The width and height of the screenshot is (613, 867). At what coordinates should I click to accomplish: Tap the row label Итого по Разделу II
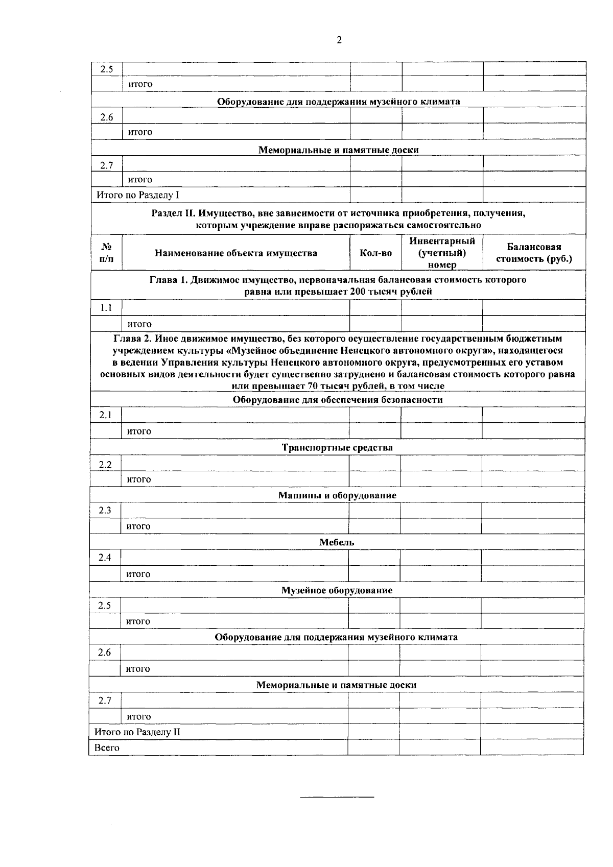coord(137,732)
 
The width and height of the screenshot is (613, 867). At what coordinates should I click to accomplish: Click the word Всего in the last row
coord(107,748)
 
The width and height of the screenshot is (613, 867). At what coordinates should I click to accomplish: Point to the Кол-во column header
coord(376,253)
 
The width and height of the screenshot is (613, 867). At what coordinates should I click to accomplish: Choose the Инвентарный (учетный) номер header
coord(442,253)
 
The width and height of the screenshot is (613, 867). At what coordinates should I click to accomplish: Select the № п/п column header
coord(107,253)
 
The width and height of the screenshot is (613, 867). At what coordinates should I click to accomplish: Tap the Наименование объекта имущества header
coord(236,253)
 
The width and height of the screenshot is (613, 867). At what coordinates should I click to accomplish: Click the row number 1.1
coord(106,308)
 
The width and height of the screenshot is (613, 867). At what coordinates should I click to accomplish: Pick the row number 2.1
coord(106,415)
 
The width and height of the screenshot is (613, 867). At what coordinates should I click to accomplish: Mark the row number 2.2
coord(106,465)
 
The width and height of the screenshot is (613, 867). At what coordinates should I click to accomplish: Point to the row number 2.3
coord(105,511)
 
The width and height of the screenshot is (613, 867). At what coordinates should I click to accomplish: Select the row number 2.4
coord(105,558)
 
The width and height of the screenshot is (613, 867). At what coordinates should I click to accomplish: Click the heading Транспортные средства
coord(337,448)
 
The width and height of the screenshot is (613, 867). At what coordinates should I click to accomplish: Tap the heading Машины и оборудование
coord(337,495)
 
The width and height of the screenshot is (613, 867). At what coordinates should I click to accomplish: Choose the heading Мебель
coord(337,542)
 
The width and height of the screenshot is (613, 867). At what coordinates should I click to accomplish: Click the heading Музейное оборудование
coord(337,590)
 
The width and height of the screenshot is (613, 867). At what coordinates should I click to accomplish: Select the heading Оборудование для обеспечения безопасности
coord(338,400)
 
